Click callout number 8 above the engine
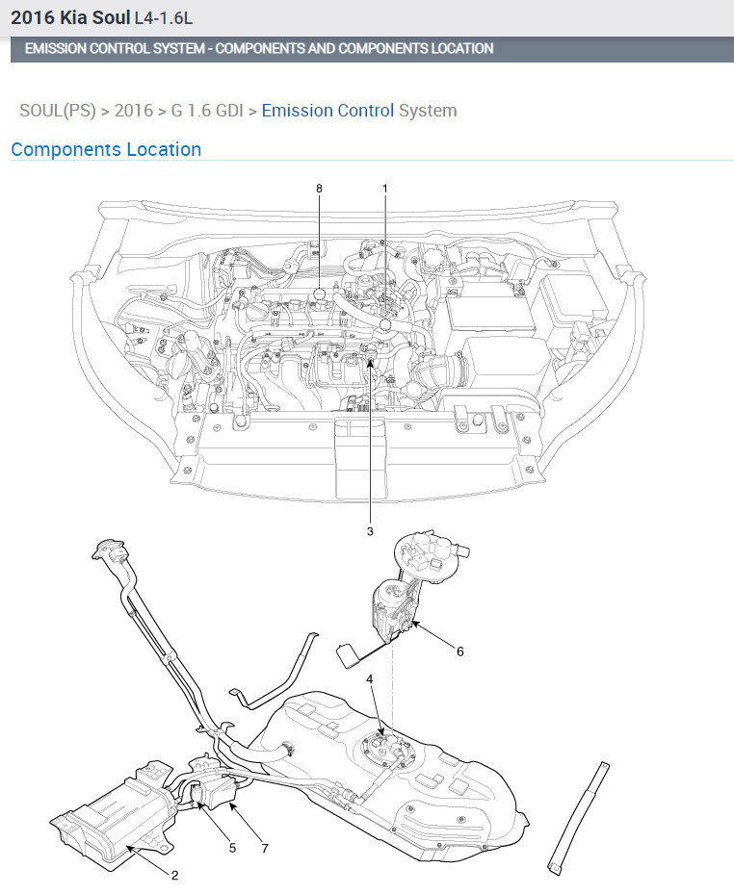tap(319, 189)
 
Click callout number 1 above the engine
tap(385, 189)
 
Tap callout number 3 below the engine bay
tap(370, 531)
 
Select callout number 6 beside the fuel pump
tap(460, 651)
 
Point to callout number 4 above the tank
tap(370, 679)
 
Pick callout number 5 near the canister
tap(232, 848)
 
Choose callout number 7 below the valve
tap(265, 849)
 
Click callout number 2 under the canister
tap(174, 875)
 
